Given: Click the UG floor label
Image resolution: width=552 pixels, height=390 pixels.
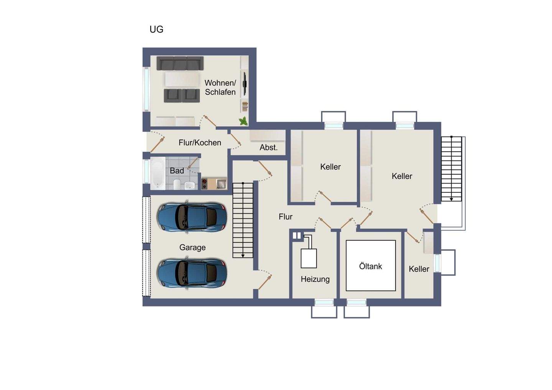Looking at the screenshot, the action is [156, 29].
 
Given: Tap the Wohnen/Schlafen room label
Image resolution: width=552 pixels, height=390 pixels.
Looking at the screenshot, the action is [220, 87].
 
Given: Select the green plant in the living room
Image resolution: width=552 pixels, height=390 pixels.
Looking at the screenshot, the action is [243, 121].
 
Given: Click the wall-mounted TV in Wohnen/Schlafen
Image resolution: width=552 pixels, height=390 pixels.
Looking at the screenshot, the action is [245, 84].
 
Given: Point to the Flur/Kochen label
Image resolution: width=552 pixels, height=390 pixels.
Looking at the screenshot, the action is [200, 143].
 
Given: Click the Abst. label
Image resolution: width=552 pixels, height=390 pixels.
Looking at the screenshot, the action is [269, 147].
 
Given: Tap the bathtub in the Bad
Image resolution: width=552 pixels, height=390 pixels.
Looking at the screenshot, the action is [158, 174].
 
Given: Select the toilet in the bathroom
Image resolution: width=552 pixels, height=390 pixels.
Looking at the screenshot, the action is [177, 184].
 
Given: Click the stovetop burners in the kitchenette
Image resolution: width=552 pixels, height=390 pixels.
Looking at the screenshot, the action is [204, 184].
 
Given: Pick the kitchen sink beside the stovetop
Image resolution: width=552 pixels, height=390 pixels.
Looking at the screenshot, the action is [221, 184].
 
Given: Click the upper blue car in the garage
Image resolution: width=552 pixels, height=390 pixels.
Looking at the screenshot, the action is [192, 217].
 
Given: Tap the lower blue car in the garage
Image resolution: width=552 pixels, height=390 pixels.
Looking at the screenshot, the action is [192, 273].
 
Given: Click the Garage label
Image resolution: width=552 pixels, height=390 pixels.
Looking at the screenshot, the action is [192, 247].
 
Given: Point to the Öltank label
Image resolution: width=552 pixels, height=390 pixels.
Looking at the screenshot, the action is [370, 266].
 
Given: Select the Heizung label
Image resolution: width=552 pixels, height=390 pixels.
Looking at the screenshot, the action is [315, 279].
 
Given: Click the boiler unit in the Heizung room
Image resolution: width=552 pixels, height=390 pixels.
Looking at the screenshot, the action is [309, 258].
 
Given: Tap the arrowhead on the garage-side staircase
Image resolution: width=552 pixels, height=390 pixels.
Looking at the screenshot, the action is [243, 256].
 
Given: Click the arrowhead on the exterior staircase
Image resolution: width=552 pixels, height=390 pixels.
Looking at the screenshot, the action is [451, 199].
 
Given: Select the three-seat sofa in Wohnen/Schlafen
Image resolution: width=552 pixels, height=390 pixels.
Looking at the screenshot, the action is [180, 63].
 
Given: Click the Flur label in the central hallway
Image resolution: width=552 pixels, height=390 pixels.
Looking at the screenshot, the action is [286, 217].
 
